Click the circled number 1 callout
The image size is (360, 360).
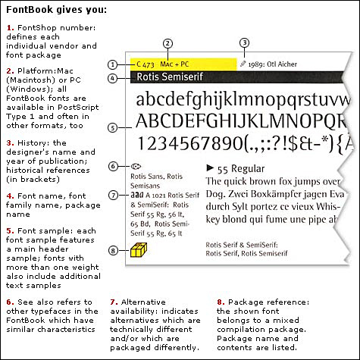112,65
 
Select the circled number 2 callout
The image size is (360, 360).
168,43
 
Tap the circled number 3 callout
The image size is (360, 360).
243,43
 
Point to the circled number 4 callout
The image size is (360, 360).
112,77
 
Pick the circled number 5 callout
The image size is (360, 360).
112,127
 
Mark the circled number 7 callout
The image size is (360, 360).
112,195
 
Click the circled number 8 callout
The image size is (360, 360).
112,250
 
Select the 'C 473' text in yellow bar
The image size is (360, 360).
146,65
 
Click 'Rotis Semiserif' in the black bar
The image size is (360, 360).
160,77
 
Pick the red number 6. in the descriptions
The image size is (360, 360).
10,302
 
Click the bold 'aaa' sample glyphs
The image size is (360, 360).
137,195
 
